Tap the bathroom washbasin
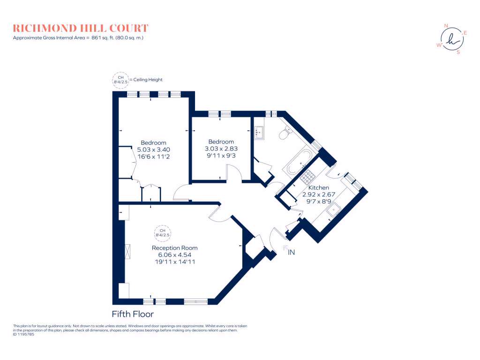point(259,133)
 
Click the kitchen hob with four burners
point(309,177)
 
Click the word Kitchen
point(318,187)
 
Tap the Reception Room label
point(174,248)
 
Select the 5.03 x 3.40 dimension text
point(153,150)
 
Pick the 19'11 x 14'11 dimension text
point(174,262)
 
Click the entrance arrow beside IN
point(285,248)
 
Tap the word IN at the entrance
point(292,253)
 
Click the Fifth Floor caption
point(133,314)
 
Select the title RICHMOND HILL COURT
point(81,29)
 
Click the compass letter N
point(446,26)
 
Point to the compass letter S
point(458,52)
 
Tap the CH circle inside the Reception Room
point(163,232)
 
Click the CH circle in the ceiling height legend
point(120,80)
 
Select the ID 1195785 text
point(23,335)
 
